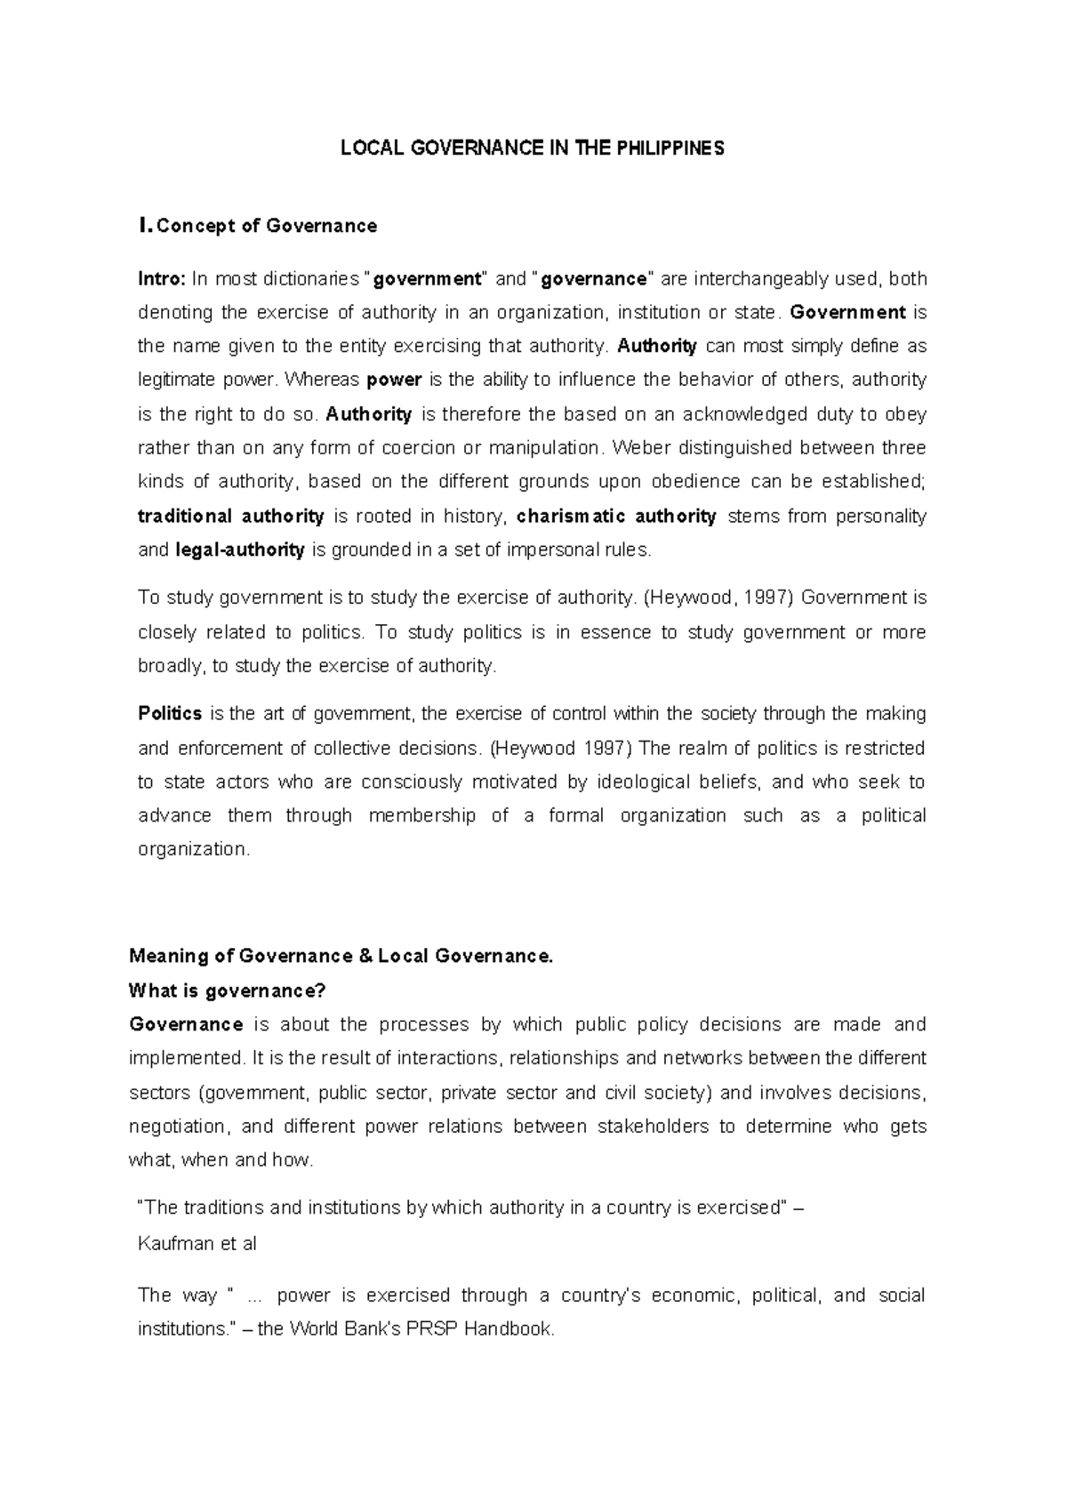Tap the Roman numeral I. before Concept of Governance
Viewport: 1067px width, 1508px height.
click(145, 226)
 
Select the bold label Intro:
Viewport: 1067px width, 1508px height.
click(161, 279)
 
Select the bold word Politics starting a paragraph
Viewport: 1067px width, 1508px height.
click(170, 713)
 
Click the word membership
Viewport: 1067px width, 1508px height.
click(421, 815)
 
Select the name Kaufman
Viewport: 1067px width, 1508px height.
click(174, 1244)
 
